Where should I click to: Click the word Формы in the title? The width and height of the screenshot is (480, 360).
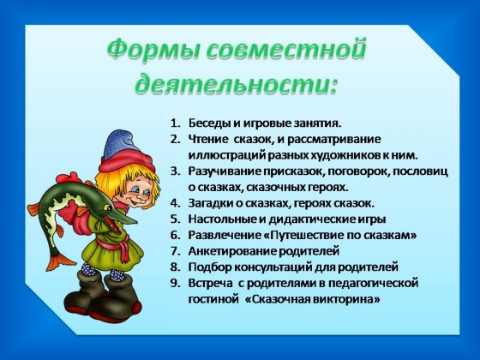pyautogui.click(x=151, y=49)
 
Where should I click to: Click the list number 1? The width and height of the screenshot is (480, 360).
pyautogui.click(x=175, y=123)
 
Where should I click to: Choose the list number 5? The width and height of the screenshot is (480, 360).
pyautogui.click(x=175, y=219)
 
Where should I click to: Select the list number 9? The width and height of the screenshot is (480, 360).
pyautogui.click(x=175, y=283)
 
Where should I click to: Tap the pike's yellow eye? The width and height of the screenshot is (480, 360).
pyautogui.click(x=107, y=207)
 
